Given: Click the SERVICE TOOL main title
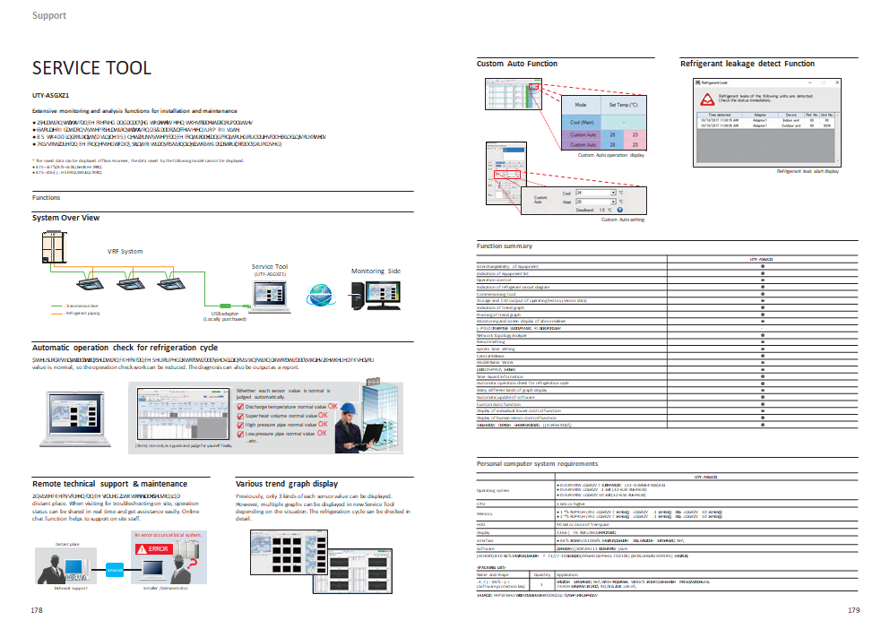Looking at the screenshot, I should coord(91,69).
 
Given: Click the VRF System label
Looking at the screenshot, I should coord(125,252).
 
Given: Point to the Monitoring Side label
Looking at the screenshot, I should coord(376,271).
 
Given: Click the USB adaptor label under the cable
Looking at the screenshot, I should coord(224,314).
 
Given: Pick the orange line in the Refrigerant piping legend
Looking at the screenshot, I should coord(55,314).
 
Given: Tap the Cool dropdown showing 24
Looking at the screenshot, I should coord(595,193).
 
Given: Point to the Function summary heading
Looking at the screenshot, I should coord(505,246).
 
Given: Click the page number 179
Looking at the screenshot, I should coord(853,610).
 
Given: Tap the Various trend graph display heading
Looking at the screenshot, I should coord(287,484).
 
